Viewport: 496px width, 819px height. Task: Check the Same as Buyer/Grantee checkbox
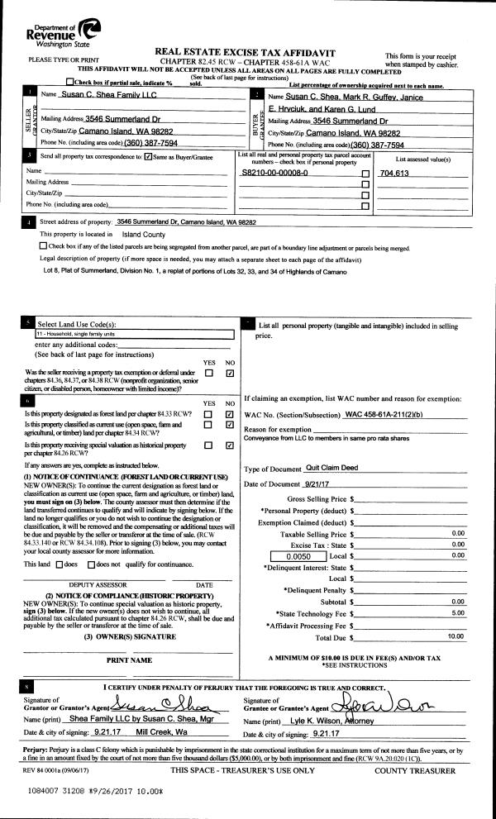pyautogui.click(x=148, y=156)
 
